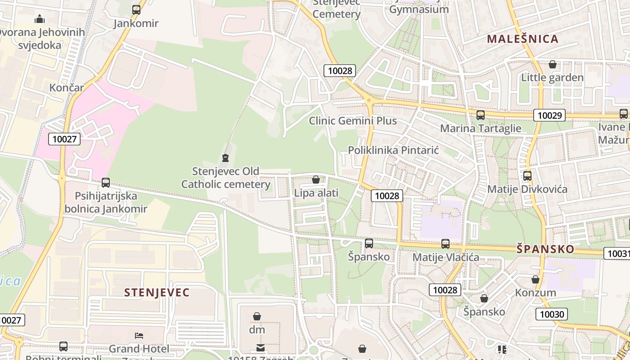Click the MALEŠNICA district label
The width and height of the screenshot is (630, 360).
click(x=522, y=39)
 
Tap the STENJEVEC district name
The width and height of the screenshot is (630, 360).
click(x=157, y=292)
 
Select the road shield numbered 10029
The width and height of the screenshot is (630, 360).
click(x=549, y=115)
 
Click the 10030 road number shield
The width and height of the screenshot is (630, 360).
click(x=551, y=314)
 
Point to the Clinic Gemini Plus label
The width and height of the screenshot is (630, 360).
click(x=353, y=121)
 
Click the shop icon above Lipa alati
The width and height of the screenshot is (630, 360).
click(x=316, y=180)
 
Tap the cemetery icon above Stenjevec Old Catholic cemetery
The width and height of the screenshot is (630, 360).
click(x=225, y=158)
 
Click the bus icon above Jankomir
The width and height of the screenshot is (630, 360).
click(x=136, y=9)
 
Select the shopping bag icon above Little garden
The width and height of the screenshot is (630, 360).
click(x=553, y=65)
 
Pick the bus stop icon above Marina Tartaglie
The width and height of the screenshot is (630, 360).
click(x=481, y=115)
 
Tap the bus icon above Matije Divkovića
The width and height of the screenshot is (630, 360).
click(x=527, y=176)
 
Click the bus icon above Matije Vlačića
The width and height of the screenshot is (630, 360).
click(x=445, y=244)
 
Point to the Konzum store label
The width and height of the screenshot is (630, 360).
click(x=535, y=292)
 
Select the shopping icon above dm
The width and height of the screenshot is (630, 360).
click(x=257, y=317)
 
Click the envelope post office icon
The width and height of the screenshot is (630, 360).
click(x=260, y=347)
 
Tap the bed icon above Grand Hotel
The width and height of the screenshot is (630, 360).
click(x=139, y=336)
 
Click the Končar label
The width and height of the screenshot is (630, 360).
click(x=67, y=87)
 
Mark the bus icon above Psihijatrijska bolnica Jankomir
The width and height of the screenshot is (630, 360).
click(x=106, y=183)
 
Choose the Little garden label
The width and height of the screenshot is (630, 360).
click(x=552, y=77)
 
